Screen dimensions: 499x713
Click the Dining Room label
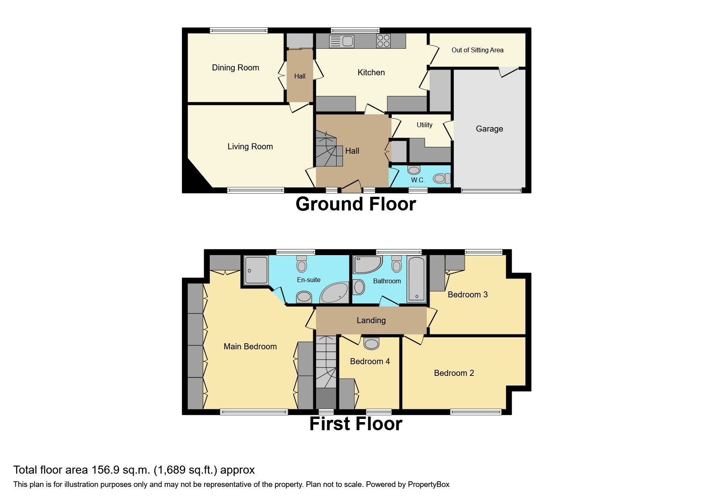coord(236,68)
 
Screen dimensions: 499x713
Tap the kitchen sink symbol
coord(341,41)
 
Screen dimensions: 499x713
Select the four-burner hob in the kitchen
coord(383,41)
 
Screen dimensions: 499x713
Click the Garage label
coord(489,129)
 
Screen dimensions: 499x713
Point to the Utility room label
coord(424,125)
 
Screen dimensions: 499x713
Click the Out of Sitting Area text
coord(477,50)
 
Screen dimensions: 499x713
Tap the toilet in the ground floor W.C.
coord(441,178)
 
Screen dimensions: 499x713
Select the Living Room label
coord(250,146)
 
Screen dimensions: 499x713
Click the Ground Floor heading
coord(355,204)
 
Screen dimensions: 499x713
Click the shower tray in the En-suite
coord(256,270)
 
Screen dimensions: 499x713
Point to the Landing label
coord(371,320)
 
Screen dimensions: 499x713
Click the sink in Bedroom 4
coord(371,343)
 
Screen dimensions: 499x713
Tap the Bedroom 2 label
coord(454,373)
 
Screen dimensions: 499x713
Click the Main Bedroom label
coord(250,346)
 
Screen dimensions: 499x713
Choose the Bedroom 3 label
coord(467,295)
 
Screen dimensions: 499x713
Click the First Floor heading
coord(355,424)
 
